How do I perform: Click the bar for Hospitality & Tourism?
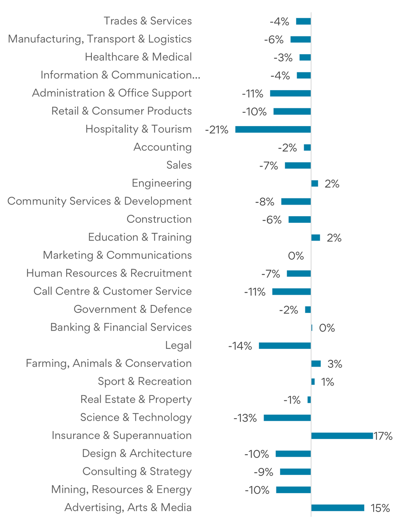273,129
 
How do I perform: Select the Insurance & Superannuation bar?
342,436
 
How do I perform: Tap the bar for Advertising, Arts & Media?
338,508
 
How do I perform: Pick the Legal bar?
285,346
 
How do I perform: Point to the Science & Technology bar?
287,418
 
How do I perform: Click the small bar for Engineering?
315,183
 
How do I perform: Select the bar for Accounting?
307,148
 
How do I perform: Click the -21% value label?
217,130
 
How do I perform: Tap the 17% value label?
383,436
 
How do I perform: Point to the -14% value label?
240,346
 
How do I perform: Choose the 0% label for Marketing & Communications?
296,256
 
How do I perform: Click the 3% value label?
335,364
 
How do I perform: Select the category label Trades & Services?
148,21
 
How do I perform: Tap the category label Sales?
179,165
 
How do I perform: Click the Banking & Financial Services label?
121,327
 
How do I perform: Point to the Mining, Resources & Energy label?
121,490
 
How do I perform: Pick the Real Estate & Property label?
136,400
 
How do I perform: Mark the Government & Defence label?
132,310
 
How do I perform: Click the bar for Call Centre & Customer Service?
291,292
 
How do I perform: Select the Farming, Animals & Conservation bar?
316,364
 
